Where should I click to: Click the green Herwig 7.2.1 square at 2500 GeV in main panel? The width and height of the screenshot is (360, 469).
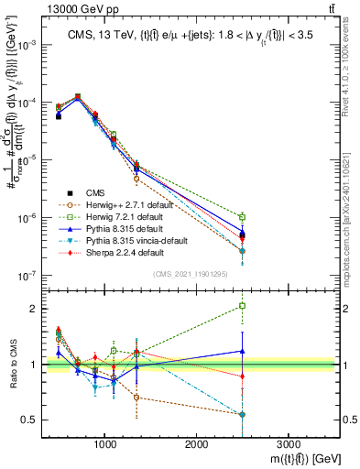(242, 217)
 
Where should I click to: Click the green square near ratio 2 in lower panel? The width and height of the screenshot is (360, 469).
(242, 306)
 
